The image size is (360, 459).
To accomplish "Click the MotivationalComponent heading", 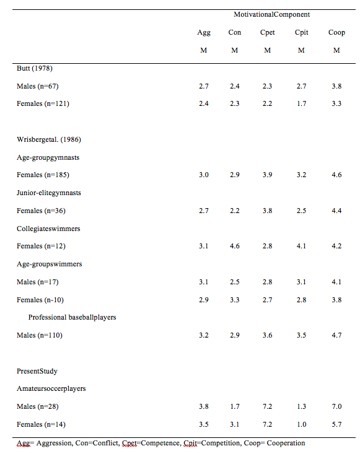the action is pyautogui.click(x=271, y=14).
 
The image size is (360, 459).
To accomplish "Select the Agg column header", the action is pyautogui.click(x=204, y=33).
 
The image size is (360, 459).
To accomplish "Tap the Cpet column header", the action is pyautogui.click(x=267, y=32).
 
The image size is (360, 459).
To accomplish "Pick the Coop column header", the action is pyautogui.click(x=336, y=32).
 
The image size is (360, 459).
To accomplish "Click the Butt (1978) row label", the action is pyautogui.click(x=35, y=68).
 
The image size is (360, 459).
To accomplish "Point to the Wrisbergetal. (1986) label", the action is pyautogui.click(x=49, y=139).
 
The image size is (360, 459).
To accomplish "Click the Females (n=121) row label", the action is pyautogui.click(x=43, y=103).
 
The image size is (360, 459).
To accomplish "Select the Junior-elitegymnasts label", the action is pyautogui.click(x=48, y=193).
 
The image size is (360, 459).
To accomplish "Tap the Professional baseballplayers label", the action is pyautogui.click(x=72, y=317).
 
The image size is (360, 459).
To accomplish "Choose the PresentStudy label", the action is pyautogui.click(x=37, y=371).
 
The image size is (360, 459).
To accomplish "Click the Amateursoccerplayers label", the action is pyautogui.click(x=51, y=389).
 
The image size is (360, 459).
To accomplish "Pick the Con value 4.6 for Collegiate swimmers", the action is pyautogui.click(x=235, y=246).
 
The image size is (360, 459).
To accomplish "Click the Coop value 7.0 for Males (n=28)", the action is pyautogui.click(x=336, y=406).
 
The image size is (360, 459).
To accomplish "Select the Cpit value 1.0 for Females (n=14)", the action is pyautogui.click(x=301, y=424).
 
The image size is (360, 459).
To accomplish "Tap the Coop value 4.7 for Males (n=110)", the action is pyautogui.click(x=336, y=335).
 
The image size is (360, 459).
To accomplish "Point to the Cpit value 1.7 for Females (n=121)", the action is pyautogui.click(x=301, y=103).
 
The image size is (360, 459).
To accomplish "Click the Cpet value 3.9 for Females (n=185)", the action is pyautogui.click(x=268, y=175).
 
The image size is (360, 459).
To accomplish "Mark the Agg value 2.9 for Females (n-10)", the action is pyautogui.click(x=204, y=300).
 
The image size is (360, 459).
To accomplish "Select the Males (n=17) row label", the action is pyautogui.click(x=38, y=282).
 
